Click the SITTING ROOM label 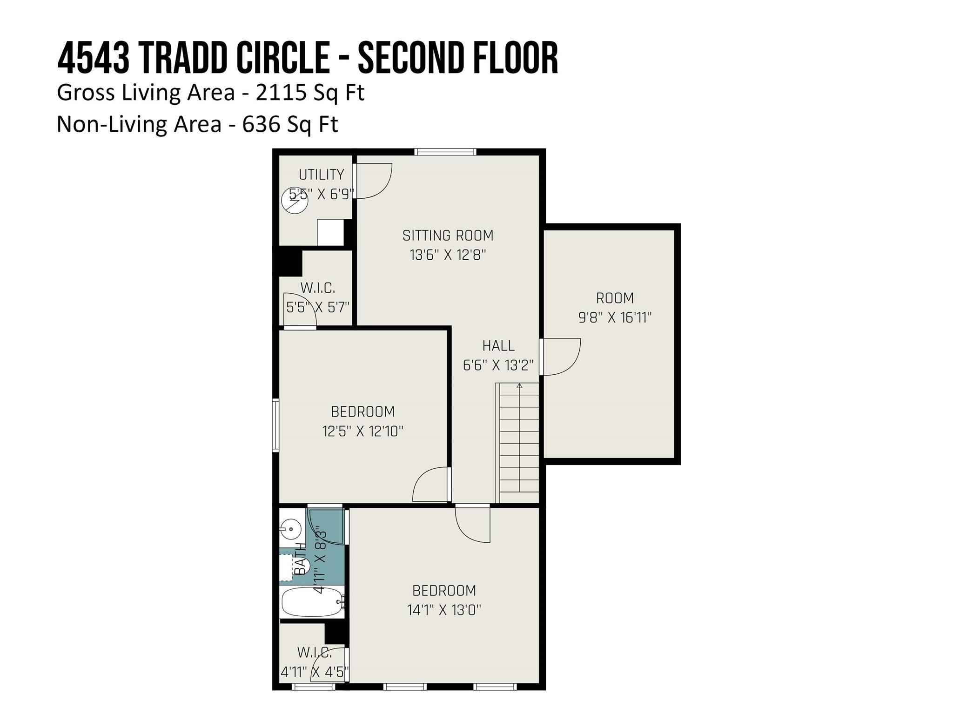(448, 236)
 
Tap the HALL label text (498, 346)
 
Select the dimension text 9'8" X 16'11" (615, 317)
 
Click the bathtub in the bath (312, 602)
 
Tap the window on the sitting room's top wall (445, 151)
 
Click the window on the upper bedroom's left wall (275, 425)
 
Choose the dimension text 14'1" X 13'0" (444, 610)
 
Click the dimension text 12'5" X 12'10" (363, 431)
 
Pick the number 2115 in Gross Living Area (281, 93)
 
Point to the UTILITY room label (321, 175)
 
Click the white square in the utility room (330, 232)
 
